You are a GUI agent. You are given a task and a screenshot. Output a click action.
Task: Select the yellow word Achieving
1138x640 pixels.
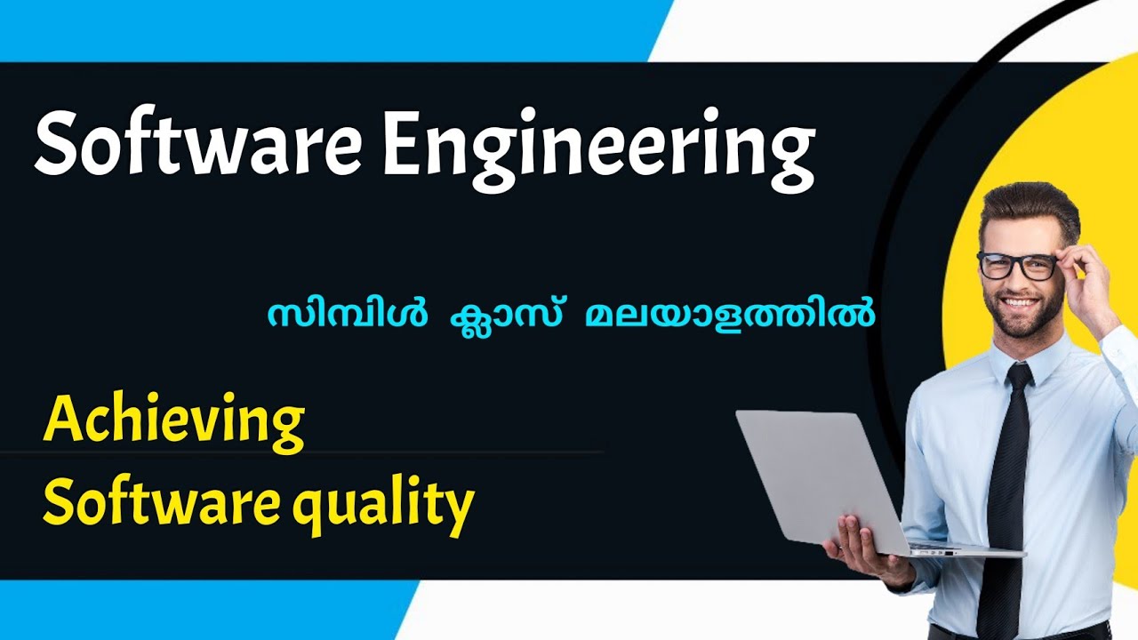173,421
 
